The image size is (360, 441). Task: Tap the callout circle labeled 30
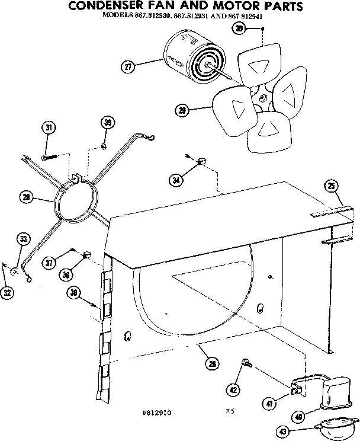pyautogui.click(x=239, y=30)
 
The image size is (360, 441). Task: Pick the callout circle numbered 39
pyautogui.click(x=107, y=123)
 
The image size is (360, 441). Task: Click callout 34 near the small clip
pyautogui.click(x=175, y=181)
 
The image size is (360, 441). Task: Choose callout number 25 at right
pyautogui.click(x=331, y=187)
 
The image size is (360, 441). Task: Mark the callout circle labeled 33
pyautogui.click(x=23, y=239)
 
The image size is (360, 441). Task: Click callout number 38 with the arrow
pyautogui.click(x=73, y=292)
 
